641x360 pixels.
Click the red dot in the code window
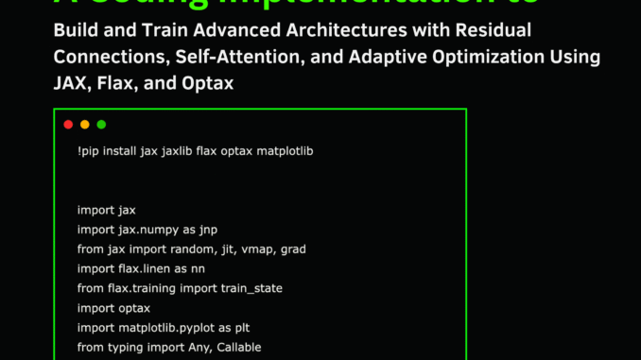(x=68, y=125)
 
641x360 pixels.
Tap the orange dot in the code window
(x=85, y=125)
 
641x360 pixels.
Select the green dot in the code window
(x=101, y=125)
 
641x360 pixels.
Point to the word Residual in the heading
(x=496, y=29)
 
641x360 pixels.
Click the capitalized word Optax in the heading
(x=211, y=84)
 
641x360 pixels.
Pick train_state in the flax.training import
(x=247, y=288)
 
